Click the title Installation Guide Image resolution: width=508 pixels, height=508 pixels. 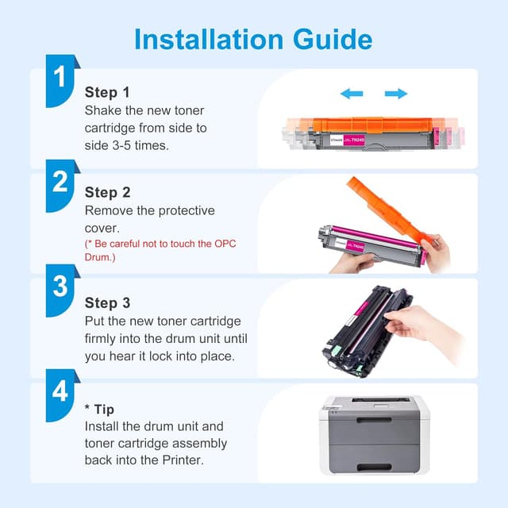point(253,39)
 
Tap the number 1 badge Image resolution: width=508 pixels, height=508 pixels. point(60,78)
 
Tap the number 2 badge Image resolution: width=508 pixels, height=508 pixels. point(60,183)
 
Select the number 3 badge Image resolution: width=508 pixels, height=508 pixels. point(60,287)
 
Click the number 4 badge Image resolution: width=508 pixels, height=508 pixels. point(60,391)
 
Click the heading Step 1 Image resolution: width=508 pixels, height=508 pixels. point(107,93)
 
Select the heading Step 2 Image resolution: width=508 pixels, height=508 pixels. point(107,193)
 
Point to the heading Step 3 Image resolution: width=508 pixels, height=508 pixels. point(107,303)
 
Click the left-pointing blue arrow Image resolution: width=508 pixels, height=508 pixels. point(351,94)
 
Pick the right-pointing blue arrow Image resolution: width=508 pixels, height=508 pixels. point(395,94)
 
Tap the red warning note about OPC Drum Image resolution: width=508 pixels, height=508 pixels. point(160,250)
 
